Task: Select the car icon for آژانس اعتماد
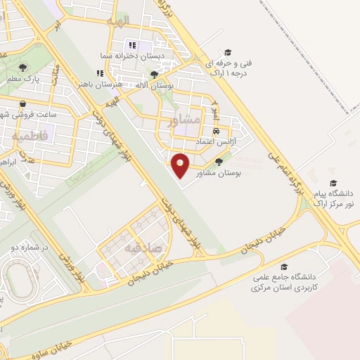click(217, 131)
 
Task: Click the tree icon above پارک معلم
click(23, 68)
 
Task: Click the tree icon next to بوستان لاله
click(154, 74)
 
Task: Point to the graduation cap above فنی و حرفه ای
click(227, 53)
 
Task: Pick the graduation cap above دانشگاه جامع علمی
click(284, 267)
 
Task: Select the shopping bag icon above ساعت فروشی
click(24, 103)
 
